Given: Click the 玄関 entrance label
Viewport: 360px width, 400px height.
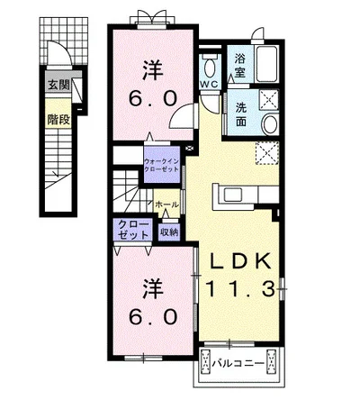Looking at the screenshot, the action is [59, 86].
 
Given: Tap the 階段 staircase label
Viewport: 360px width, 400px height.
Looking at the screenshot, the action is [58, 120].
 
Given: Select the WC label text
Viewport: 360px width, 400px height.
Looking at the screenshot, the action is [210, 85].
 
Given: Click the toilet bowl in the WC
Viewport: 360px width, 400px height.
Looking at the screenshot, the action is [209, 68].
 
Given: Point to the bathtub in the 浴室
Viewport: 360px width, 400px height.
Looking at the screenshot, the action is [266, 64].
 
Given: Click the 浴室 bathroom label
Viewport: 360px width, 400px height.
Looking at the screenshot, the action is [240, 65].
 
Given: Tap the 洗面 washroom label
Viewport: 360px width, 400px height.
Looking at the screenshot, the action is [241, 114].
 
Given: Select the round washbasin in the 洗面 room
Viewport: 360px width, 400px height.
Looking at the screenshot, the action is [270, 124].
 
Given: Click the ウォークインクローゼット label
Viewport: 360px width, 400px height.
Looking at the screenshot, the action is [161, 165].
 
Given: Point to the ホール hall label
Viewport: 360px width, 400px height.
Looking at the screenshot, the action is [166, 205].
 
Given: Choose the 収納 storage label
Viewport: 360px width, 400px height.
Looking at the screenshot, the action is [169, 232].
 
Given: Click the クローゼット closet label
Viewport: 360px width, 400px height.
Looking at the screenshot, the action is [133, 230].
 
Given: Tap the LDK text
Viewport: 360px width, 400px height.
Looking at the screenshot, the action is [240, 261].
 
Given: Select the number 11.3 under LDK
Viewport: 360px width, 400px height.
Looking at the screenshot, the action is [240, 289].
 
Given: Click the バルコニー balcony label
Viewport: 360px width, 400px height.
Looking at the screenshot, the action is [238, 364].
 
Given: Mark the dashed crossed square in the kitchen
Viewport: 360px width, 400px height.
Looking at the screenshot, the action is [267, 153].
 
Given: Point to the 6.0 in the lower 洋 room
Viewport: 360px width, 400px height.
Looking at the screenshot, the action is [152, 317].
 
